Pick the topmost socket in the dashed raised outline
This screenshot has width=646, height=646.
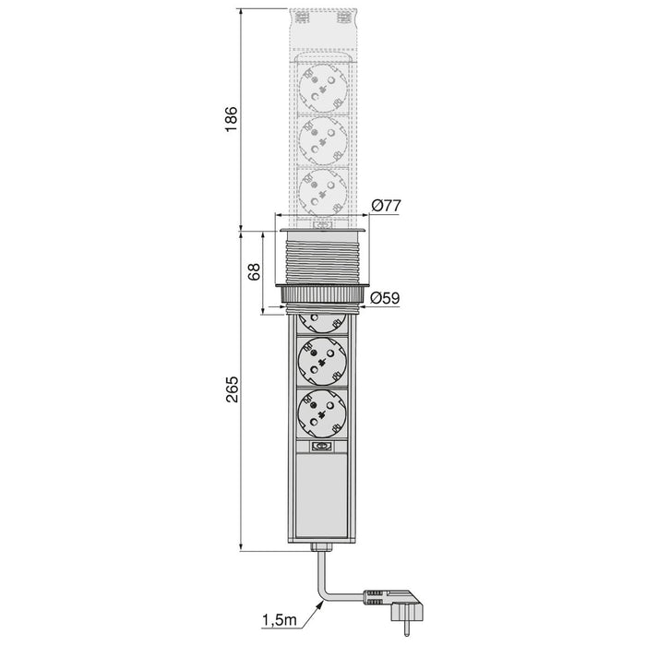coord(322,88)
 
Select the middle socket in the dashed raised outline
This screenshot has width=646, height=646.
coord(322,139)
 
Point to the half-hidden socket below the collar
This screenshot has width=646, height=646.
coord(322,319)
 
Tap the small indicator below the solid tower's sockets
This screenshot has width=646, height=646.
coord(322,449)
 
